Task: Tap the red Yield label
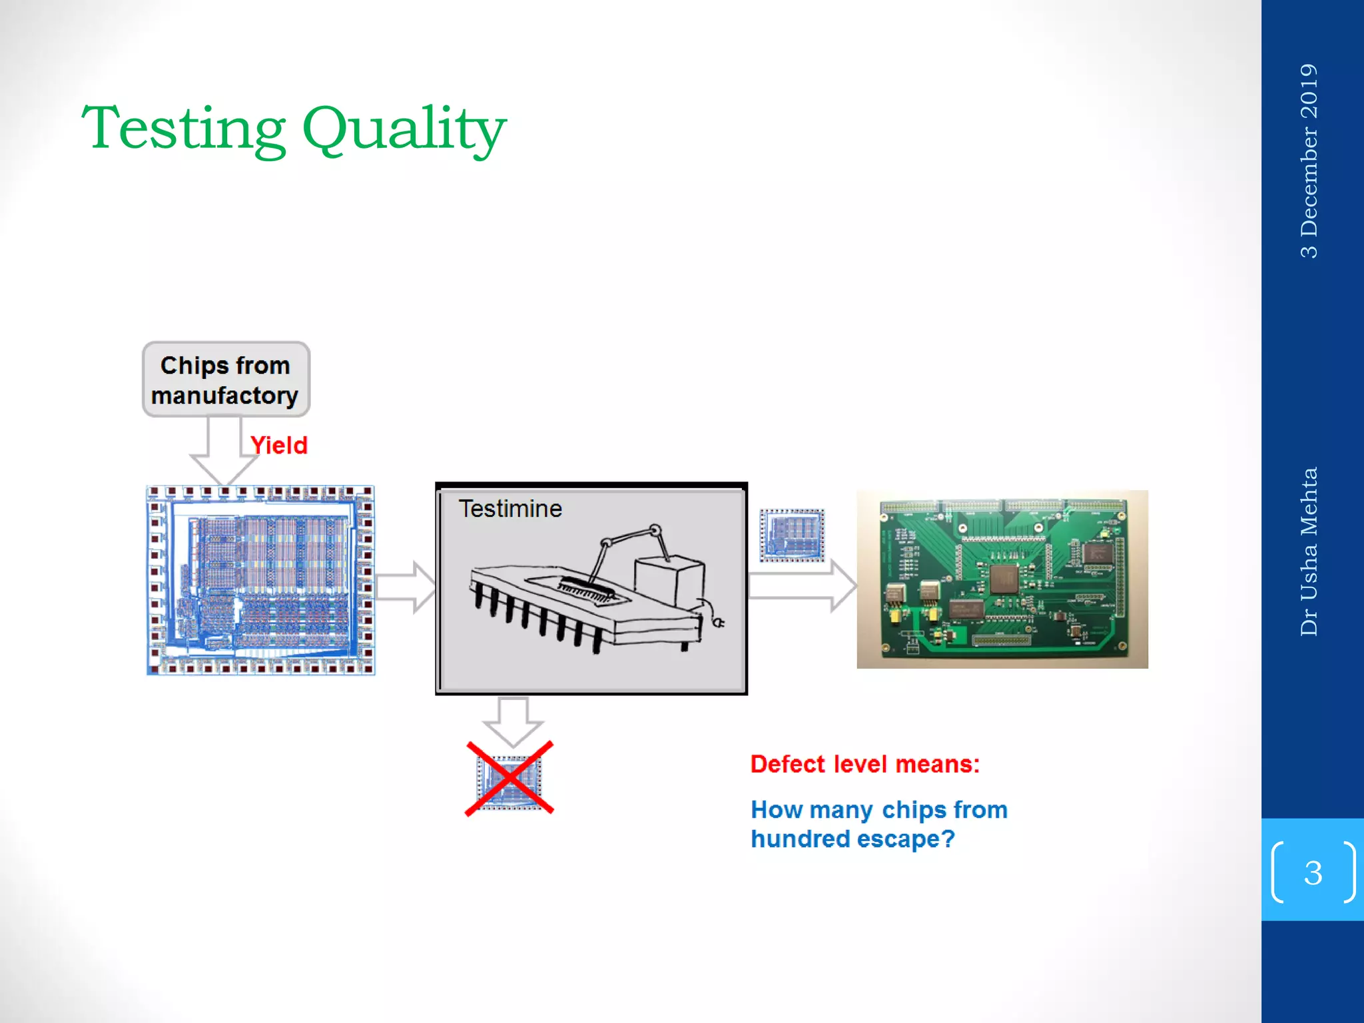coord(278,445)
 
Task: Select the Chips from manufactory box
coord(225,380)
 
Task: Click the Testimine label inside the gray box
coord(510,509)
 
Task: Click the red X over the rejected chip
coord(510,778)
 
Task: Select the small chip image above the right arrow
coord(792,535)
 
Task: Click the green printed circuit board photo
coord(1002,579)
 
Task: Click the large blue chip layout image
coord(260,580)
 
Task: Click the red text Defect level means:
coord(864,764)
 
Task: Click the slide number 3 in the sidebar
coord(1313,872)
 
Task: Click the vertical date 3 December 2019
coord(1309,161)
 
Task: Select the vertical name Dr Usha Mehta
coord(1309,551)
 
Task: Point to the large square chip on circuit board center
coord(1004,578)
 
